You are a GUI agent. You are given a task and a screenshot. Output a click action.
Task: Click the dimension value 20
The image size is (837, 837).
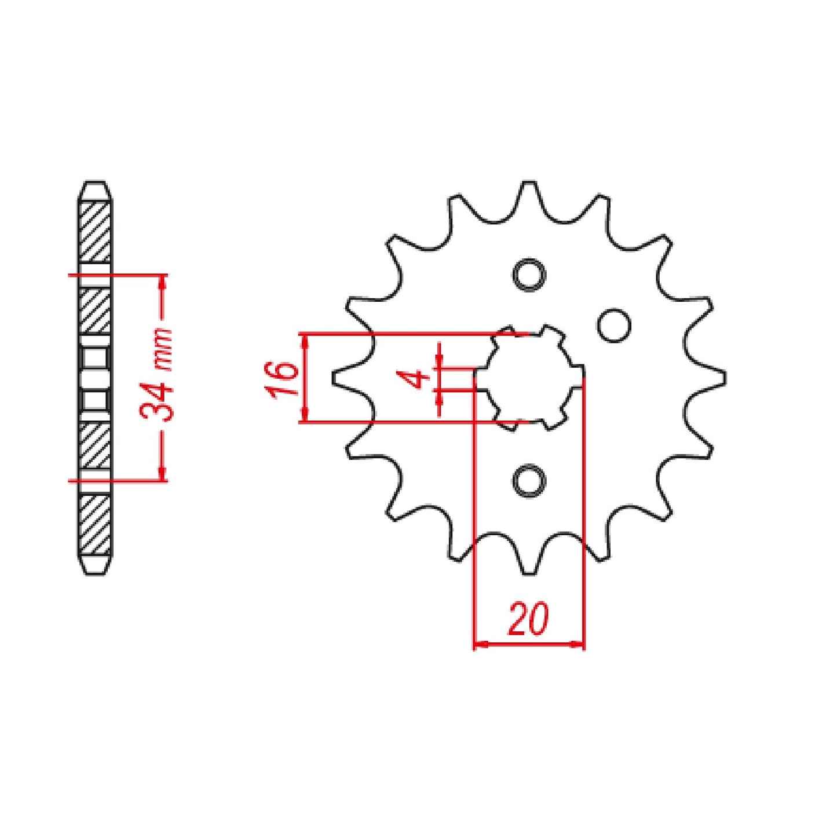point(528,619)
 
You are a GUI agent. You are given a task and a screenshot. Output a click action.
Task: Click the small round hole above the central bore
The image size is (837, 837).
point(529,274)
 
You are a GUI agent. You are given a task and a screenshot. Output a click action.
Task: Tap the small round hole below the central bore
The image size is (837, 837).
point(529,481)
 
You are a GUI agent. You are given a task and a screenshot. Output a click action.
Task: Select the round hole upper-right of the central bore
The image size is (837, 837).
point(613,326)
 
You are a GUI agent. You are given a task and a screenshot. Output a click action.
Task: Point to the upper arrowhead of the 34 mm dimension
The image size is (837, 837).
point(163,282)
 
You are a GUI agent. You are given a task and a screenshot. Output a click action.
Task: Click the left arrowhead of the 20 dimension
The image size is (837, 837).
point(481,644)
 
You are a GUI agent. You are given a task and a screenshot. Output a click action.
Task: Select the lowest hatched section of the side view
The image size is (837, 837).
point(94,524)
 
